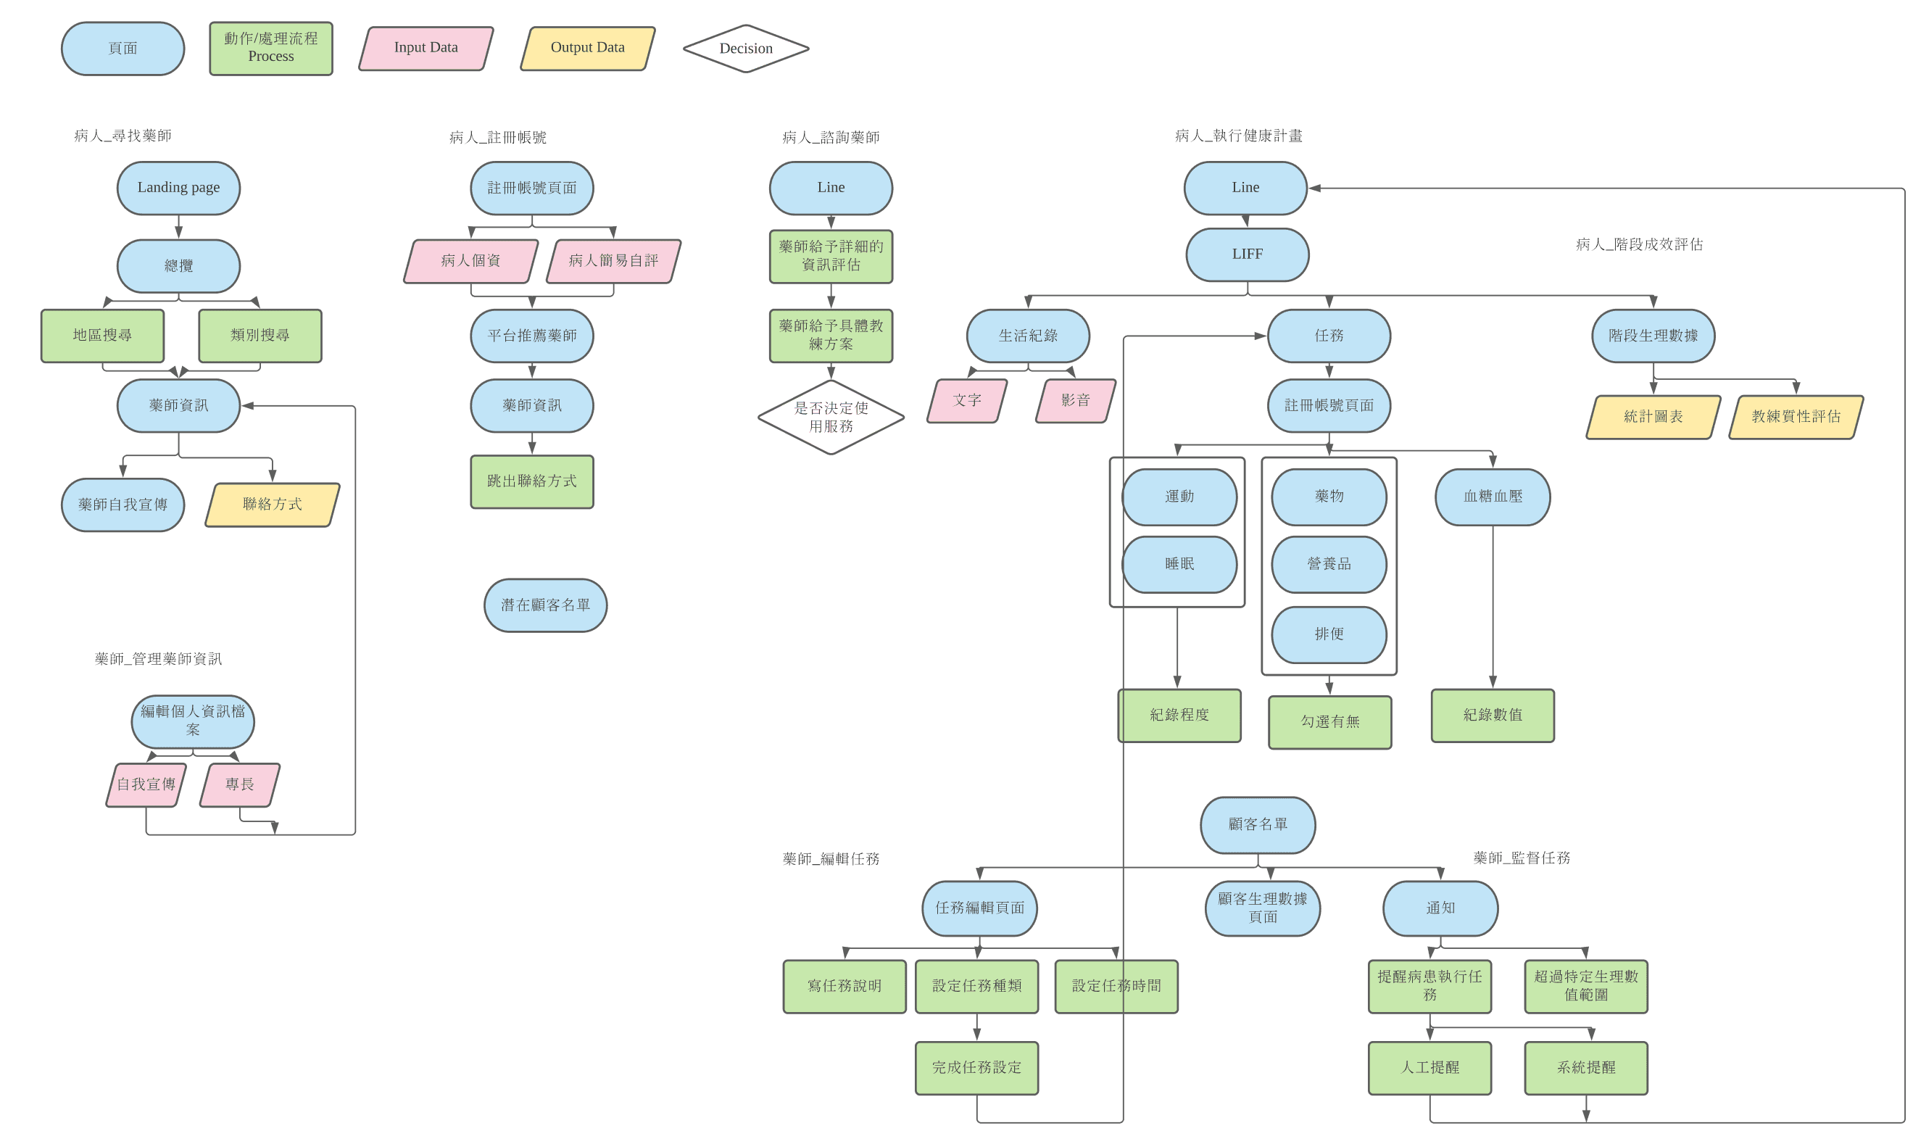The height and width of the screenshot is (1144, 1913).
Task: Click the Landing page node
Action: (178, 187)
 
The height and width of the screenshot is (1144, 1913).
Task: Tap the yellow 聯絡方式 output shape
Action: (272, 504)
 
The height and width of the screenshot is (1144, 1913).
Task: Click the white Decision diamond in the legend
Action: (745, 49)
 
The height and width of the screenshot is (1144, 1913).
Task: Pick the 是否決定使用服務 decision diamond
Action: (831, 417)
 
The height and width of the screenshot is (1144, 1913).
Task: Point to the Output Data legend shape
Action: (587, 48)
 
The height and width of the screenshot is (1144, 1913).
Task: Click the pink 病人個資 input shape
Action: (470, 260)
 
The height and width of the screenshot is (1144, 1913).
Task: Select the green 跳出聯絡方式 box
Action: (532, 481)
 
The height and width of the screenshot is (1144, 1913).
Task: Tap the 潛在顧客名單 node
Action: (545, 605)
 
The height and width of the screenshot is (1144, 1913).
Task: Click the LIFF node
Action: (1247, 254)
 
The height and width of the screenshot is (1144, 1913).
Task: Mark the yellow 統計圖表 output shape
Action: (1653, 416)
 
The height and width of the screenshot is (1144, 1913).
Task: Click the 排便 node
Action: (1329, 634)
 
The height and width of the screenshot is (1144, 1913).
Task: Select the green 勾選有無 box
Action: (1329, 721)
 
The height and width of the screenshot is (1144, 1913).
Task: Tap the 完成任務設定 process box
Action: (976, 1068)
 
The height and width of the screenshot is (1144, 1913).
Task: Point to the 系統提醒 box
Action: (1585, 1068)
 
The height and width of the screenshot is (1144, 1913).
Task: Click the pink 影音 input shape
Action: (1075, 400)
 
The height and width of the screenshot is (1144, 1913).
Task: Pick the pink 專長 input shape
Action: (240, 784)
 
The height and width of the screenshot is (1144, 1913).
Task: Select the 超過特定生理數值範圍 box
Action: (1585, 986)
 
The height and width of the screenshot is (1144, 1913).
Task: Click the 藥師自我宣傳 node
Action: (123, 505)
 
